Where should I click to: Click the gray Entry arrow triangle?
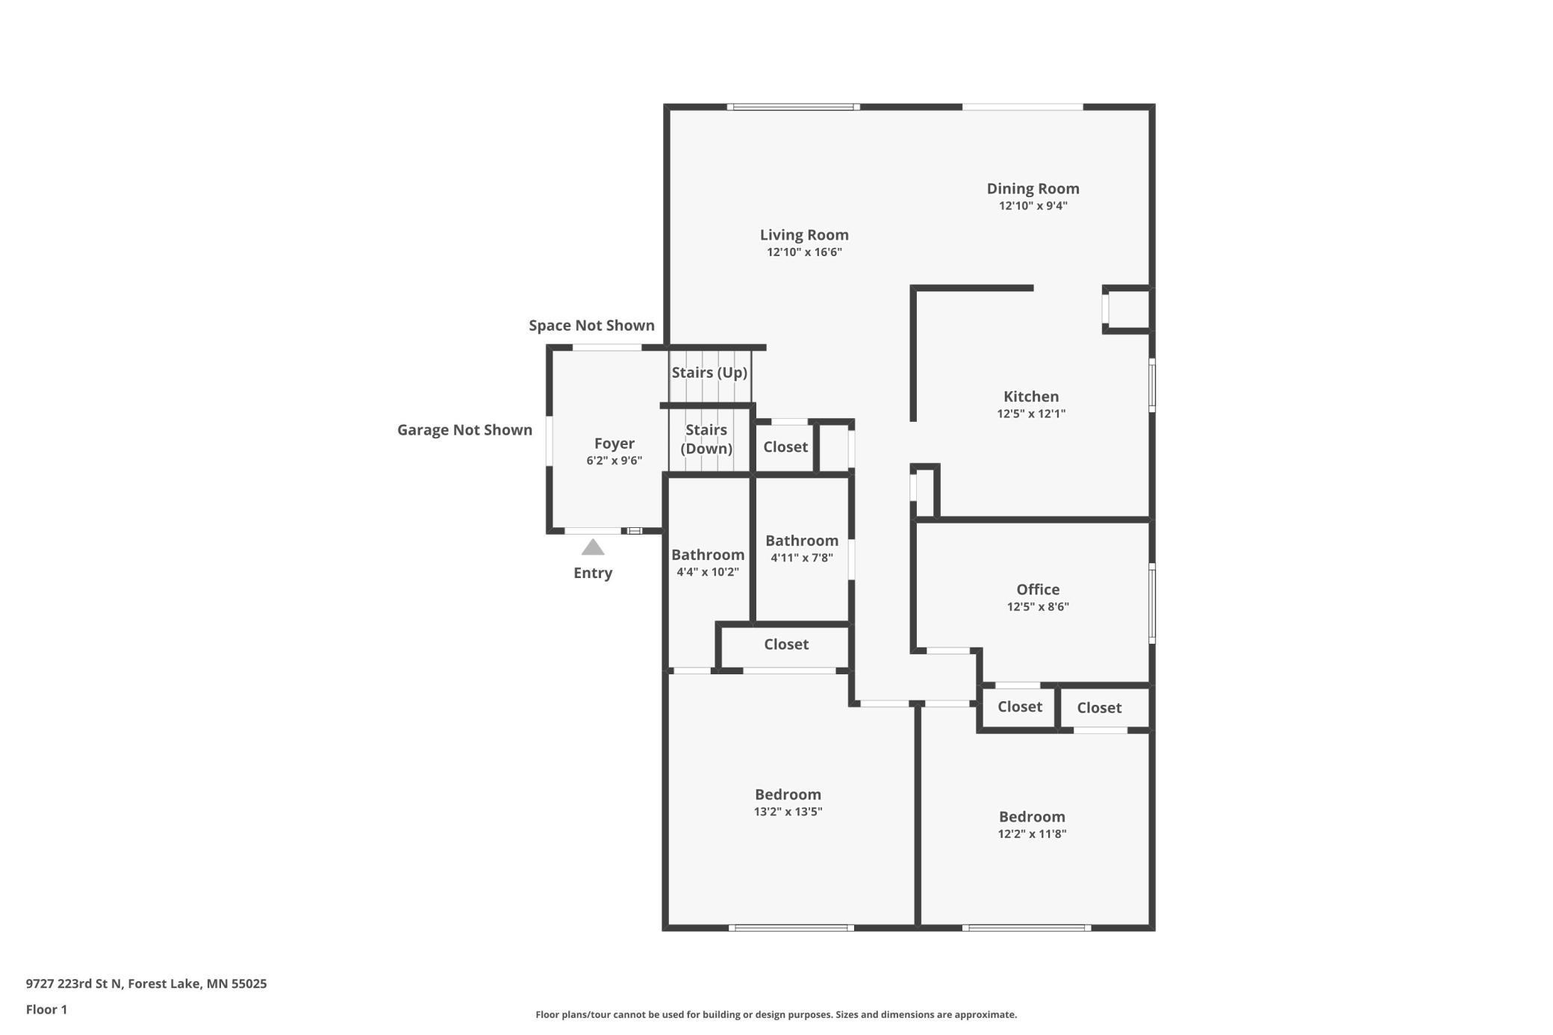(593, 547)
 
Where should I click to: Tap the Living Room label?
(804, 234)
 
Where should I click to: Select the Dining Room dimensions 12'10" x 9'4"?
(1033, 206)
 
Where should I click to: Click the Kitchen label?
(1031, 397)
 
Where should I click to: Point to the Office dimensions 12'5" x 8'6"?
(1038, 607)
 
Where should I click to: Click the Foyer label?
(614, 444)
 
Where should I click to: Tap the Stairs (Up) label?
(709, 373)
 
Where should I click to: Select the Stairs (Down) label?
(706, 439)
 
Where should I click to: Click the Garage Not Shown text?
(464, 430)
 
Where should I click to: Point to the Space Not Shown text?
(591, 326)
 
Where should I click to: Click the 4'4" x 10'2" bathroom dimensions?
(708, 573)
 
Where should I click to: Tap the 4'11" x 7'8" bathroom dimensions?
(802, 558)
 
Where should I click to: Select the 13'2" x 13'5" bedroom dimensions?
(788, 812)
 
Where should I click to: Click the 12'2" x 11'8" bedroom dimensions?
(1032, 835)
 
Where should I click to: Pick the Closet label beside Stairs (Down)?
(785, 447)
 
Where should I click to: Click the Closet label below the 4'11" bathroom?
(786, 644)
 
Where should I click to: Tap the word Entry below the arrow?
(593, 574)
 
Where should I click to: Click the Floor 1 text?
(46, 1010)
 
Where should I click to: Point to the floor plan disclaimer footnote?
(776, 1015)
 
